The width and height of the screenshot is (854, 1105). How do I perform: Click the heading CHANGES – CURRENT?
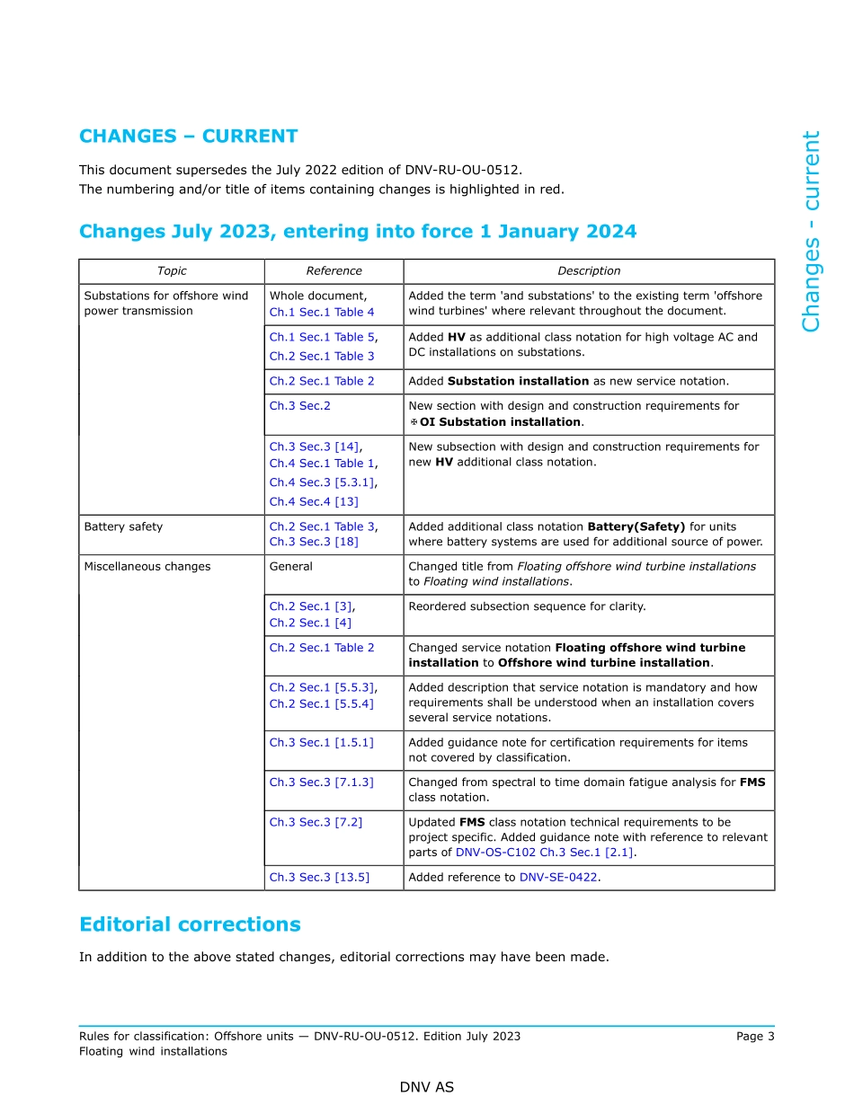click(x=188, y=137)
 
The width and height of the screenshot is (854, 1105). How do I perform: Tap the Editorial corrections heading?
click(x=190, y=924)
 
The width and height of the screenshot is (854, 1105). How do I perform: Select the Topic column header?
click(x=172, y=271)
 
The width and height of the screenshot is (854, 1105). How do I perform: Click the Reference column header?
click(x=334, y=271)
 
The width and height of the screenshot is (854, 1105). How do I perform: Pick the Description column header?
click(x=589, y=271)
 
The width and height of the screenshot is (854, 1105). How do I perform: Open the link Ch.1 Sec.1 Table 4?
click(x=322, y=312)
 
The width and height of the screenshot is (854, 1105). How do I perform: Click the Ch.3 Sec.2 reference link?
click(x=299, y=406)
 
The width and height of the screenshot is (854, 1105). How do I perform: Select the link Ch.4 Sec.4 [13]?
click(x=314, y=501)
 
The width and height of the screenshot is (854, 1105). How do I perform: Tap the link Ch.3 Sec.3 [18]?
click(x=314, y=542)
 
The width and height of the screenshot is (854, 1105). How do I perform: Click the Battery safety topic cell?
click(x=123, y=526)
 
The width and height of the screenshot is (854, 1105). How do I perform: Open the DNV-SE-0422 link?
click(x=558, y=878)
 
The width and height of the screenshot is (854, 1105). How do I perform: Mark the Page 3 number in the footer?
click(x=754, y=1036)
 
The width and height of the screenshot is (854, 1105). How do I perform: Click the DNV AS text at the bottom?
click(x=427, y=1087)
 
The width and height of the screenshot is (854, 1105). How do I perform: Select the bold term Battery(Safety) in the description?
click(x=636, y=526)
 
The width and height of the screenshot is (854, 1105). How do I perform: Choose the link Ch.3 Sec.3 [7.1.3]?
click(x=321, y=782)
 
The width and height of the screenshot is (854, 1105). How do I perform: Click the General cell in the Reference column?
click(x=291, y=567)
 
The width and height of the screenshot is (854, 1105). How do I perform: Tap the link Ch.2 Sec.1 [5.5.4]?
click(x=321, y=703)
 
